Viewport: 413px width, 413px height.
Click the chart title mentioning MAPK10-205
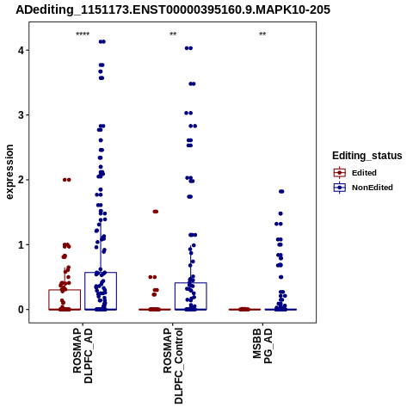tap(173, 9)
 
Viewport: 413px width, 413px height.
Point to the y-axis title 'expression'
tap(9, 172)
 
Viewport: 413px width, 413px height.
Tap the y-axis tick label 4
tap(21, 51)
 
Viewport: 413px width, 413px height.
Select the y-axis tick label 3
tap(21, 115)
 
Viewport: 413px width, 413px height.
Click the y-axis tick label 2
tap(21, 180)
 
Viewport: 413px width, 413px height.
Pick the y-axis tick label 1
tap(21, 244)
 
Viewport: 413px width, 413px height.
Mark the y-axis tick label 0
tap(21, 310)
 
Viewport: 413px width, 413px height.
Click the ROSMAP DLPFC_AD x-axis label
tap(83, 355)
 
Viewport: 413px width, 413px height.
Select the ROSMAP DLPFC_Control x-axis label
tap(173, 366)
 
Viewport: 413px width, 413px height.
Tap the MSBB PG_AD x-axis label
tap(262, 346)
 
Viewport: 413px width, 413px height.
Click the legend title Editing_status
tap(367, 156)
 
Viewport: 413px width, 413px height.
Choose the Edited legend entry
tap(354, 173)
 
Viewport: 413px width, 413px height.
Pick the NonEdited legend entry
tap(363, 188)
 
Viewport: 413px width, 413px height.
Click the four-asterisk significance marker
tap(83, 34)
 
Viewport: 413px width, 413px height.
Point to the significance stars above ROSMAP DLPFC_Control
tap(173, 34)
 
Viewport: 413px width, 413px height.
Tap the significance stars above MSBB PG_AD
tap(262, 34)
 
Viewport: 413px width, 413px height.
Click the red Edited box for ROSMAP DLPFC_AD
tap(65, 290)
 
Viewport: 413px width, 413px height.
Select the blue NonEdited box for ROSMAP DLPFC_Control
tap(191, 283)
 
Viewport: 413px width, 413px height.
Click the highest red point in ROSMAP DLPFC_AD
tap(67, 180)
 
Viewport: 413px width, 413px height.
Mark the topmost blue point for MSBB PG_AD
tap(281, 192)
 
